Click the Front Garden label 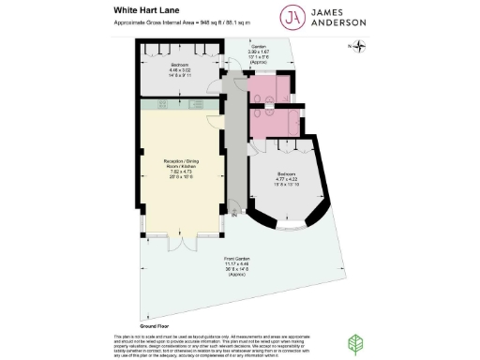click(235, 257)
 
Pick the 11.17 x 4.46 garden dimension click(235, 262)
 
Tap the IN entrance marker click(233, 217)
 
